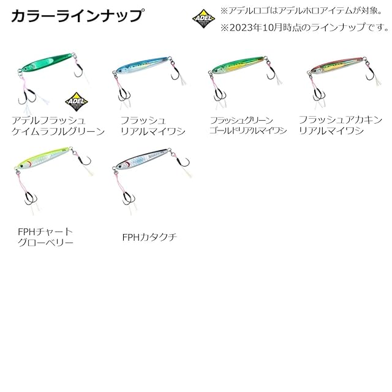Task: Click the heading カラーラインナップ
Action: (x=78, y=15)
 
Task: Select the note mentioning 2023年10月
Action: (x=304, y=27)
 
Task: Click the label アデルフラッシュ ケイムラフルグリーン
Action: (x=58, y=126)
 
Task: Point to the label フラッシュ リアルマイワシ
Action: (x=153, y=126)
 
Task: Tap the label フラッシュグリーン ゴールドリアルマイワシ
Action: (x=247, y=126)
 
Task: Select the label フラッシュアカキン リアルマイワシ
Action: (x=341, y=125)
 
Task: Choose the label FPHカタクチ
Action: (x=149, y=237)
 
